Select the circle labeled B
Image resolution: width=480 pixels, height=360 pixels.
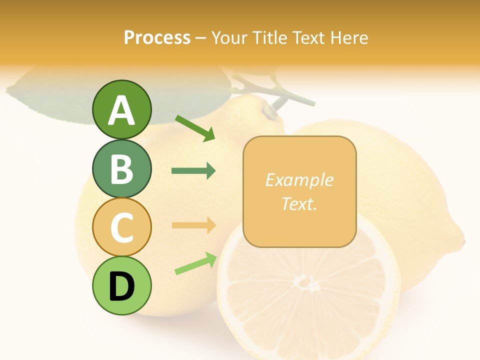[x=121, y=168]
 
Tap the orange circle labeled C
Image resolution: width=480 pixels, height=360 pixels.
[x=121, y=227]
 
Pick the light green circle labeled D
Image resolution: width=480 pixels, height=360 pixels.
[x=121, y=285]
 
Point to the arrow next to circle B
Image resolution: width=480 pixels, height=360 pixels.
[x=193, y=171]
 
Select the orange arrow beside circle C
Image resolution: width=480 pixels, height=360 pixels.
[x=193, y=225]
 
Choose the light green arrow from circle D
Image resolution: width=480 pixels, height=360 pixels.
[x=195, y=263]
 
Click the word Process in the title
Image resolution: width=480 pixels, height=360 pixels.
[x=157, y=37]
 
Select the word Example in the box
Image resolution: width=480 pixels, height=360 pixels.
[x=299, y=180]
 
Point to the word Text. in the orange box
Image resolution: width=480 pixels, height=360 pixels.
[x=299, y=203]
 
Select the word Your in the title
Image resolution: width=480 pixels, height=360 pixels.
[x=228, y=37]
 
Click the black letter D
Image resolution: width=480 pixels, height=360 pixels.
[x=122, y=286]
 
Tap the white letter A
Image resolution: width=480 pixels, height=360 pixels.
[x=122, y=110]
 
